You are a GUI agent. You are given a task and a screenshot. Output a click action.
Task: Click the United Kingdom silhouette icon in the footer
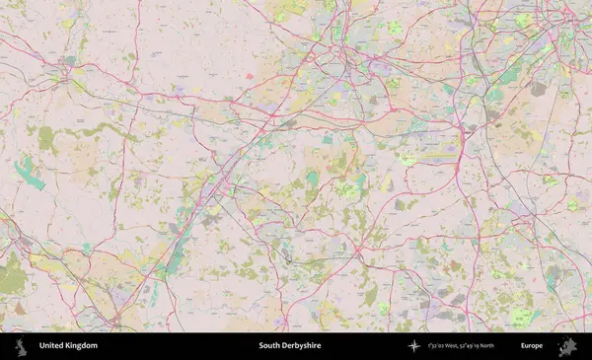point(19,346)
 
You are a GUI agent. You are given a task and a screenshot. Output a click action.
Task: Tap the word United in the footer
point(52,346)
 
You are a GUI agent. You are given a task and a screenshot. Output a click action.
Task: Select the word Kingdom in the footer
point(82,346)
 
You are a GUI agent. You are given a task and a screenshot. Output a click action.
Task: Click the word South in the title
point(269,346)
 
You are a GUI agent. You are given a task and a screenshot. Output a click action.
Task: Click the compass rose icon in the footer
point(414,346)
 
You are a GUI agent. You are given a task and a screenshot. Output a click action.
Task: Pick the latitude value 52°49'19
point(483,346)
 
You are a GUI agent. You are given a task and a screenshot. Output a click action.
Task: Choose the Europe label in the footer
point(532,346)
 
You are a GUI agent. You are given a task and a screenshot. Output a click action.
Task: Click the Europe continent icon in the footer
point(566,346)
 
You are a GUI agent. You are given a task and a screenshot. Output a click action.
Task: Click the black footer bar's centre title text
point(290,346)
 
